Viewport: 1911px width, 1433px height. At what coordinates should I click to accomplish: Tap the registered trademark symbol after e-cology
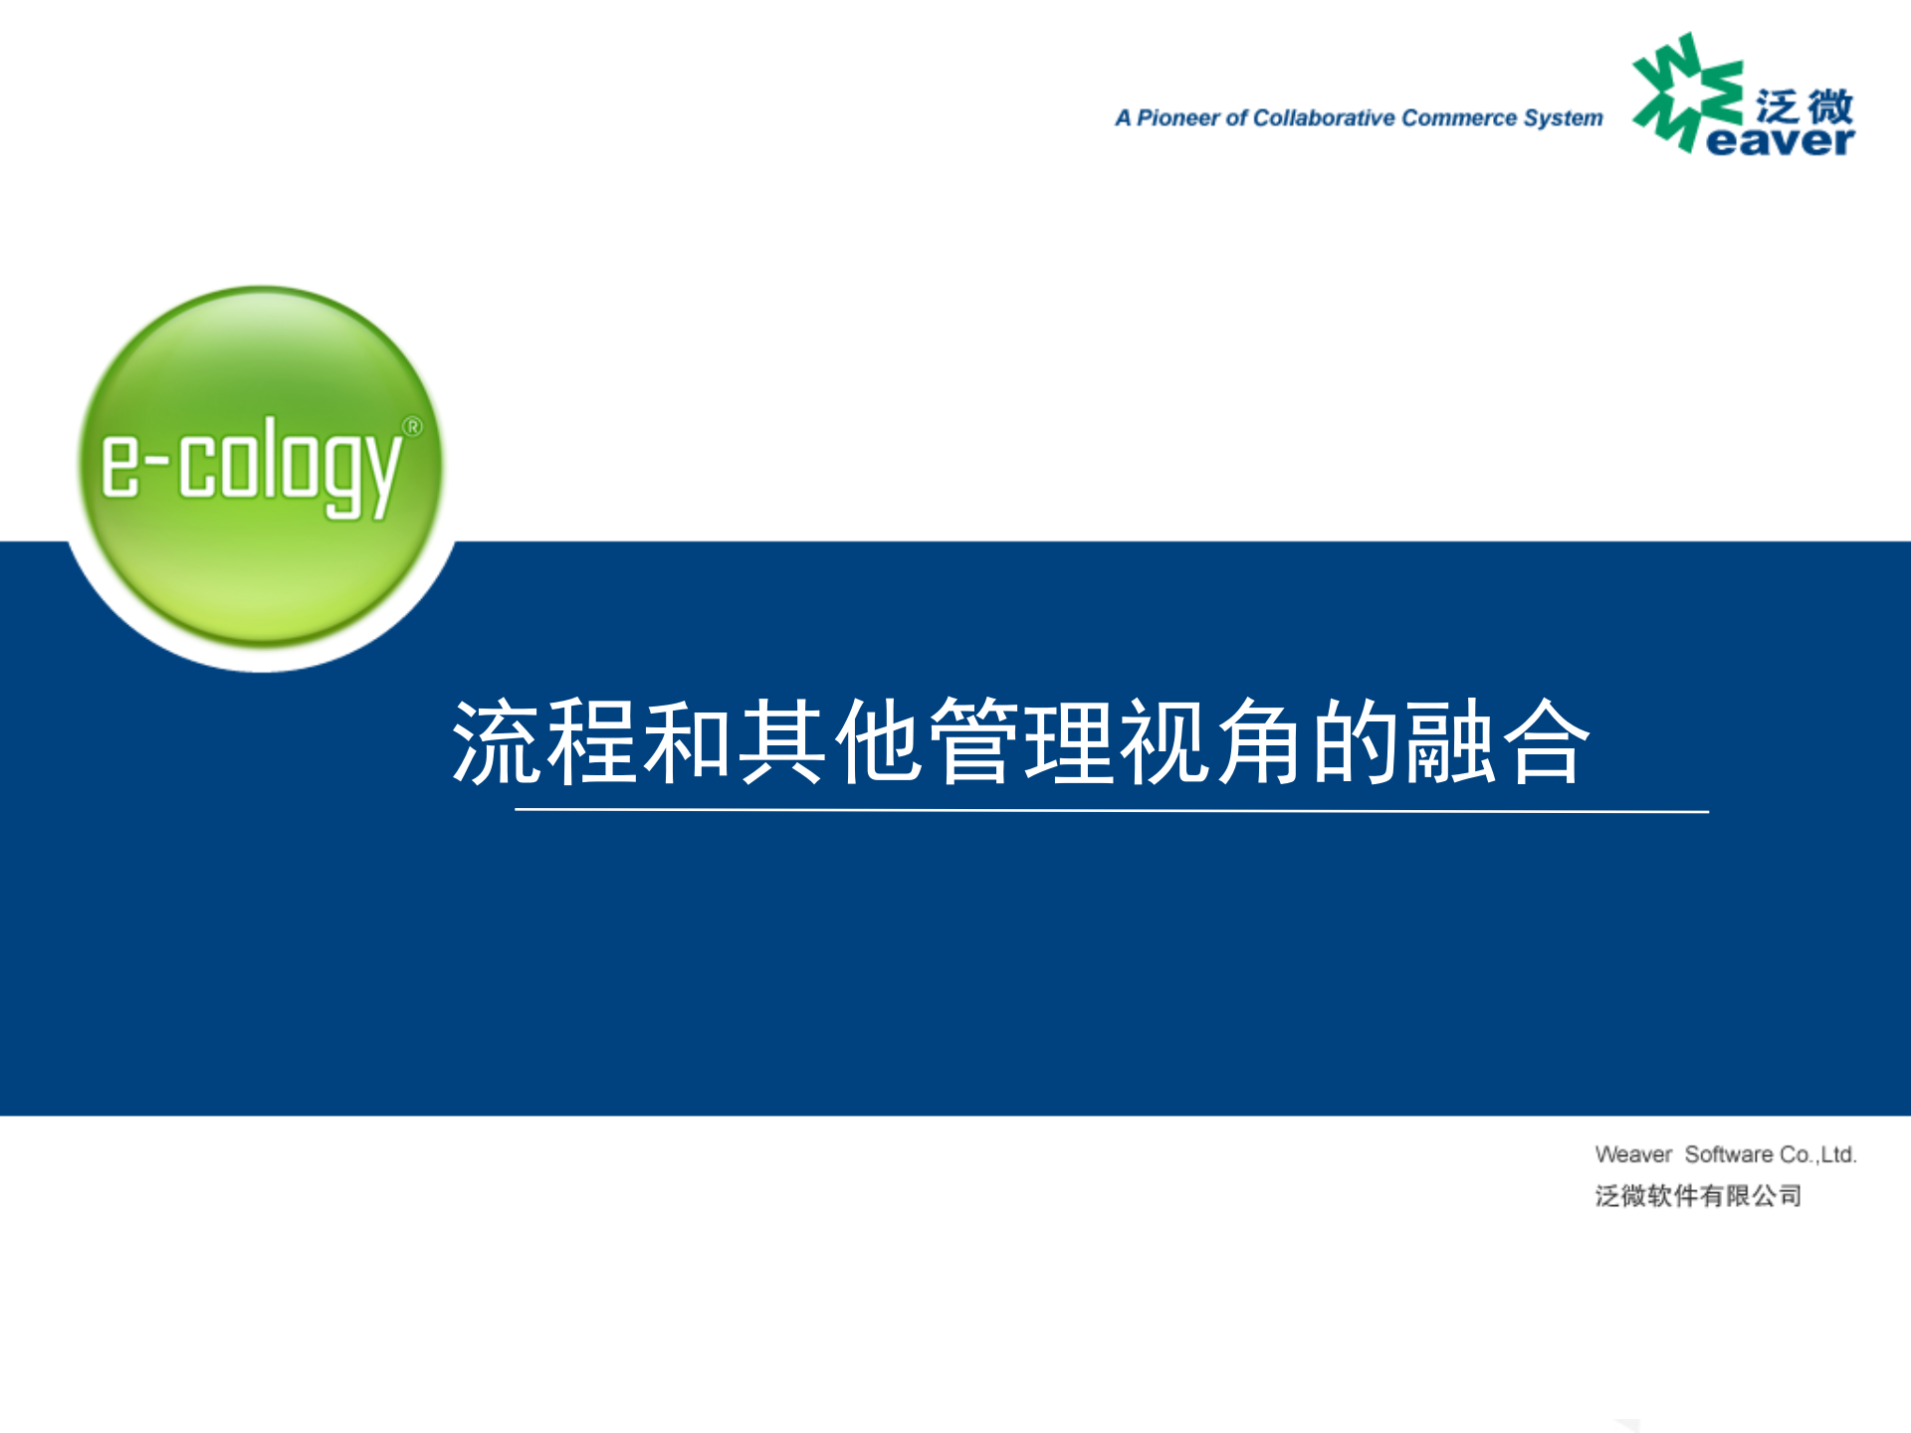412,427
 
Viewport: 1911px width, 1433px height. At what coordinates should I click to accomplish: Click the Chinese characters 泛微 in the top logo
1804,105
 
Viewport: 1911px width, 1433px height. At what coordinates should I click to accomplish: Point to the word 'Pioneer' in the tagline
1177,118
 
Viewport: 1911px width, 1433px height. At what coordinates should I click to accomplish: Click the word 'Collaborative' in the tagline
1323,118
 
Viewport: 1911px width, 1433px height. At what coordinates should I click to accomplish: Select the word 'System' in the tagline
1563,118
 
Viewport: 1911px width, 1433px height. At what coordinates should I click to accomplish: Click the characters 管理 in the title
1021,742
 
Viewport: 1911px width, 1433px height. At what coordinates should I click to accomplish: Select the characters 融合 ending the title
1497,742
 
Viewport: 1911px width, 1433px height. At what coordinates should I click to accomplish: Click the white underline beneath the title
1111,811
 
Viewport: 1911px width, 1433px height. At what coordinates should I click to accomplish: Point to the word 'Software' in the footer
1729,1154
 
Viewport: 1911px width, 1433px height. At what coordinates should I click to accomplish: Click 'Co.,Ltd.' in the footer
1818,1154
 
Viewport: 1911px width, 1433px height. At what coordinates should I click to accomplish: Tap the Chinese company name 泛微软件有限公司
1698,1195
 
